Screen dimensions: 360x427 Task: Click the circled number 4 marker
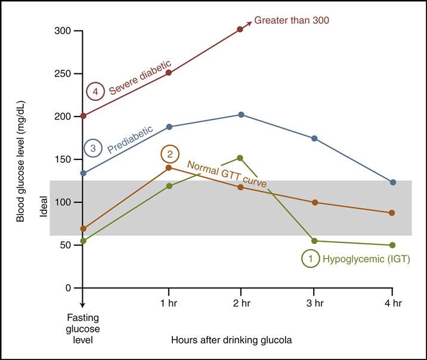(x=96, y=92)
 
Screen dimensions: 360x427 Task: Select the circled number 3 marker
(x=93, y=148)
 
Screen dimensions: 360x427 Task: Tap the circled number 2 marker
(x=170, y=154)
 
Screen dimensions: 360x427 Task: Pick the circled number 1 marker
(x=310, y=259)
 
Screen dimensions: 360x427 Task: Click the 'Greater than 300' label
(x=292, y=20)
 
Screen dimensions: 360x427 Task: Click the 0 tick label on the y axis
(x=68, y=288)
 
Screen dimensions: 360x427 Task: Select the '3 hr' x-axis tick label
(x=315, y=303)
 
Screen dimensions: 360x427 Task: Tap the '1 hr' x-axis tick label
(x=169, y=303)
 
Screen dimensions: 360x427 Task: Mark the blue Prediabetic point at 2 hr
(x=241, y=115)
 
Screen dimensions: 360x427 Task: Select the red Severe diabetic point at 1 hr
(x=169, y=73)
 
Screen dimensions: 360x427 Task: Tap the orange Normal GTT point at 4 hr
(x=392, y=213)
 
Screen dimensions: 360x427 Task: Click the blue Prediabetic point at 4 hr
(x=392, y=182)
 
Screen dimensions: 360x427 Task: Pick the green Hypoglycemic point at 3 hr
(x=315, y=241)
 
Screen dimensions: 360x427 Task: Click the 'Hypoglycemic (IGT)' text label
(x=366, y=259)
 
